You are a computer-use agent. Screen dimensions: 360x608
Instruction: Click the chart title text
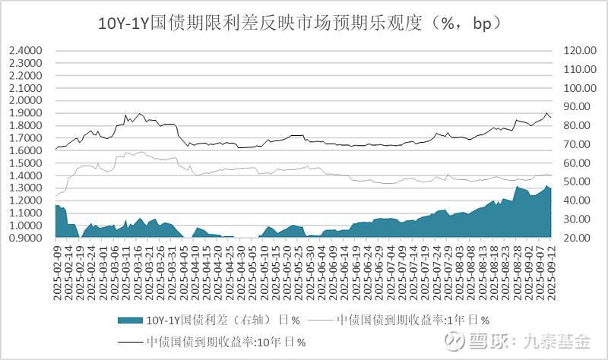click(x=304, y=22)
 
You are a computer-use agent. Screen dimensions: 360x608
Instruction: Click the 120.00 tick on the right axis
click(x=575, y=51)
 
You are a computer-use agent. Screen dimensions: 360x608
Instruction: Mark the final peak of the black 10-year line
click(x=546, y=113)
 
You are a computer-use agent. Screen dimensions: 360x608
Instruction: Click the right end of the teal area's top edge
click(x=553, y=188)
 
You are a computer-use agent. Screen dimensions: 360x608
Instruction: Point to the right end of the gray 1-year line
click(x=553, y=175)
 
